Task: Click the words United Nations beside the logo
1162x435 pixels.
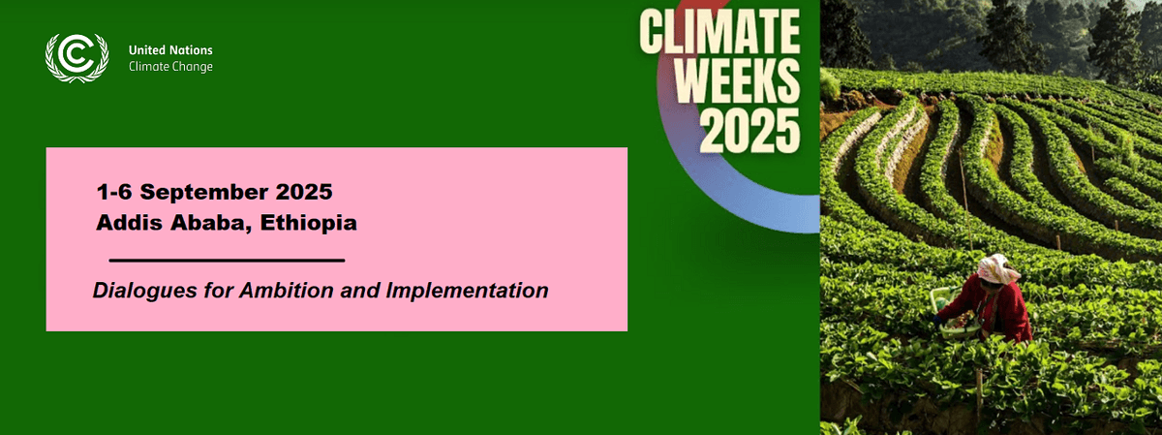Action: pos(170,49)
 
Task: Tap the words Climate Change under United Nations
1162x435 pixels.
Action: pos(170,66)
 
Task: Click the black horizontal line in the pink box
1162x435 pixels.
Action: pos(227,261)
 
